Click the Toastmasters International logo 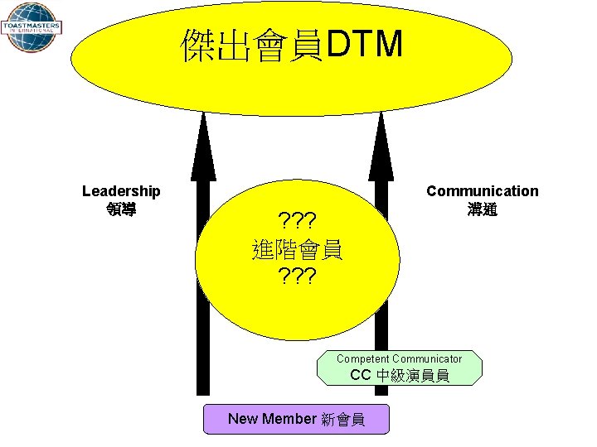30,26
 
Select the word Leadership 121,191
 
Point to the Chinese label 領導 121,209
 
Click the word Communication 482,191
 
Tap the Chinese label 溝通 482,209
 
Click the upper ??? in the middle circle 297,221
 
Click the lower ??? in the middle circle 297,276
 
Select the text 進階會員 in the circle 297,248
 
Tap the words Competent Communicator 399,358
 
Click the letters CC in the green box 360,375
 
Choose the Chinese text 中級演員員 412,376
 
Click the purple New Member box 296,419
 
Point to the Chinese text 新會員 342,419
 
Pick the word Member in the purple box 289,419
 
